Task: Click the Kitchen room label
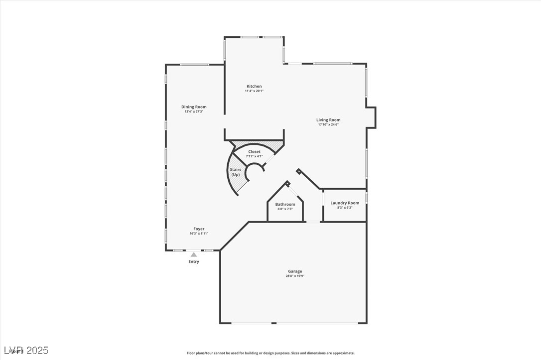tap(254, 86)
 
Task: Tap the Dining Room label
tap(194, 107)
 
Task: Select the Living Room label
tap(328, 120)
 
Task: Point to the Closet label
tap(254, 151)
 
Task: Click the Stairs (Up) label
tap(236, 172)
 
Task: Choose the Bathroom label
tap(285, 204)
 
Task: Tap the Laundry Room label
tap(345, 203)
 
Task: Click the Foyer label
tap(199, 229)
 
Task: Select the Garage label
tap(295, 271)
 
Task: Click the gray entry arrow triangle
tap(194, 254)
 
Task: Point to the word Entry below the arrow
tap(194, 261)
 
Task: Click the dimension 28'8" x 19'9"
tap(295, 276)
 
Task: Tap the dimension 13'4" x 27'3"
tap(194, 112)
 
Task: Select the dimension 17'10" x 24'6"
tap(328, 124)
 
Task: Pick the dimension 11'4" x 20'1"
tap(254, 91)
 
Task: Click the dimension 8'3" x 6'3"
tap(345, 208)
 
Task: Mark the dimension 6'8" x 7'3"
tap(285, 209)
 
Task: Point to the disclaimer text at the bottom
tap(270, 353)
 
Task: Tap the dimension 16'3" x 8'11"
tap(199, 234)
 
